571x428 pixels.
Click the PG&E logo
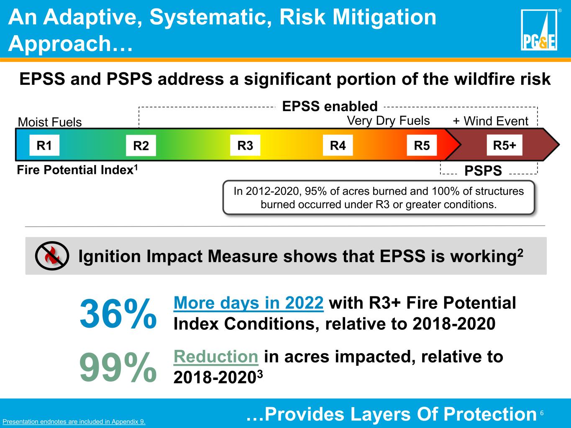(x=539, y=30)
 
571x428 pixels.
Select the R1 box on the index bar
(x=44, y=145)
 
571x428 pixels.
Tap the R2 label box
(x=141, y=145)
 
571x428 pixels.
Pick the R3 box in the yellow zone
(x=245, y=145)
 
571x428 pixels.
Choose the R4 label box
(x=338, y=145)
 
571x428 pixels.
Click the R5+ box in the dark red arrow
(x=504, y=145)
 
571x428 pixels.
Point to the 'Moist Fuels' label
(x=50, y=122)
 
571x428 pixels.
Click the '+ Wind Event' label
(x=490, y=121)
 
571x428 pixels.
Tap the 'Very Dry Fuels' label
(x=388, y=121)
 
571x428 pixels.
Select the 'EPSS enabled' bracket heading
(x=330, y=106)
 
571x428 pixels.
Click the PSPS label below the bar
(x=483, y=171)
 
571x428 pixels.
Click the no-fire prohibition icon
(x=52, y=256)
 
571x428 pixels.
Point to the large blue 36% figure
(x=118, y=313)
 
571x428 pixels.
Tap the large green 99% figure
(x=118, y=367)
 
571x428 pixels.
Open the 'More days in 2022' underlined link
(x=248, y=303)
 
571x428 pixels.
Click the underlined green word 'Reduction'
(x=216, y=357)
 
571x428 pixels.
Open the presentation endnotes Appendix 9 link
(x=74, y=421)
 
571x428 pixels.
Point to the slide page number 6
(x=542, y=413)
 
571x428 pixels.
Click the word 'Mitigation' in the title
(x=384, y=17)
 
